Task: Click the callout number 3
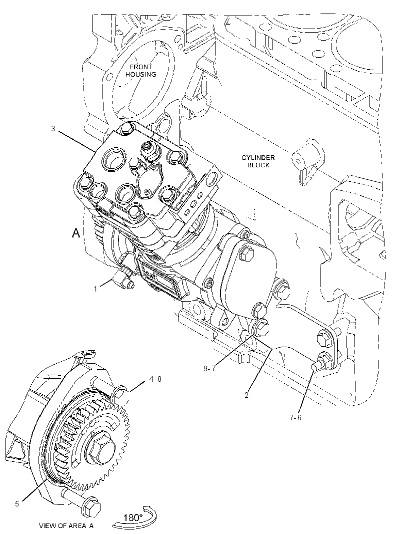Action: pos(52,128)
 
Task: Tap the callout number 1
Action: pos(95,289)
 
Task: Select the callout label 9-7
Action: pos(209,369)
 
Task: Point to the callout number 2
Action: pos(246,395)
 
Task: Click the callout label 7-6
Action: pos(295,417)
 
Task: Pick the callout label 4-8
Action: pos(155,379)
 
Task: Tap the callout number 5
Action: pos(17,503)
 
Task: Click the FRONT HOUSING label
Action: pos(140,71)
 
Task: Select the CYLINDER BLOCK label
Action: pos(258,161)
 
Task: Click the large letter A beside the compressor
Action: pos(76,233)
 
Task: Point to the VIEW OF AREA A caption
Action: pos(66,525)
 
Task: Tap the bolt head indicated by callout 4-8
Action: pos(119,395)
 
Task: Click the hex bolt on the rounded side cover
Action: pos(247,253)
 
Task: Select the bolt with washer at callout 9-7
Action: pos(261,327)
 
